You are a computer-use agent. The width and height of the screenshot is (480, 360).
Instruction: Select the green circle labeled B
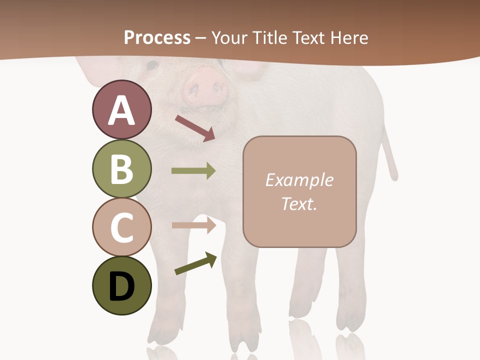[x=121, y=169]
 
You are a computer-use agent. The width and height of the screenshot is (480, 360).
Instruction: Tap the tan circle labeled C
[x=121, y=227]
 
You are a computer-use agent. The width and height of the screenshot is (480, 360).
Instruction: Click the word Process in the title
[x=157, y=38]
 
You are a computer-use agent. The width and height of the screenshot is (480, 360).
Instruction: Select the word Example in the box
[x=299, y=180]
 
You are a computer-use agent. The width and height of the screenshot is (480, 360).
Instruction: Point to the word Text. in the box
[x=299, y=203]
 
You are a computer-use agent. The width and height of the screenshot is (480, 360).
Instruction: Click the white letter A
[x=121, y=111]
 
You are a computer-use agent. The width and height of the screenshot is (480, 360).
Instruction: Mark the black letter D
[x=121, y=287]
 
